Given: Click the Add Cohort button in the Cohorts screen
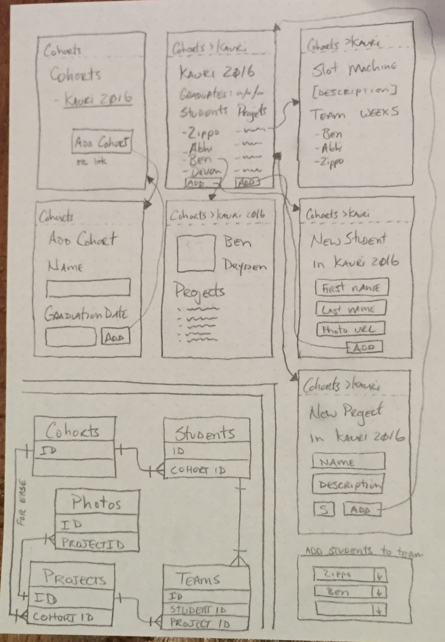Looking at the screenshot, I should coord(102,143).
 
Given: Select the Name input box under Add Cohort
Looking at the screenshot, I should coord(89,288).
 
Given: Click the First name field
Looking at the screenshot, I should coord(351,287).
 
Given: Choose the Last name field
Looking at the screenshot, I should coord(351,309).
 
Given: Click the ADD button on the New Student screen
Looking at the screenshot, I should coord(364,347).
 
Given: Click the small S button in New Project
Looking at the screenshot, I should coord(324,509).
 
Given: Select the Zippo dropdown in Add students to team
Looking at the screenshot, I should coord(350,575).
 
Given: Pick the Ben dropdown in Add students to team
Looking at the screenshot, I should coord(350,592).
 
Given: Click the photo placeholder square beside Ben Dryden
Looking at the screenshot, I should coord(196,253).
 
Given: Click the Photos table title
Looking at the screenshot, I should coord(96,503).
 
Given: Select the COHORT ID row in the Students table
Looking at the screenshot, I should coord(206,470).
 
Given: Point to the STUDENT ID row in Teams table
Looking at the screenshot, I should coord(207,609).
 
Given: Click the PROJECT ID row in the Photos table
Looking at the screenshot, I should coord(96,543).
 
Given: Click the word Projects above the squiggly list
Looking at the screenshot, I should coord(199,291).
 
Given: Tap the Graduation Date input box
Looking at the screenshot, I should coord(71,337).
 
